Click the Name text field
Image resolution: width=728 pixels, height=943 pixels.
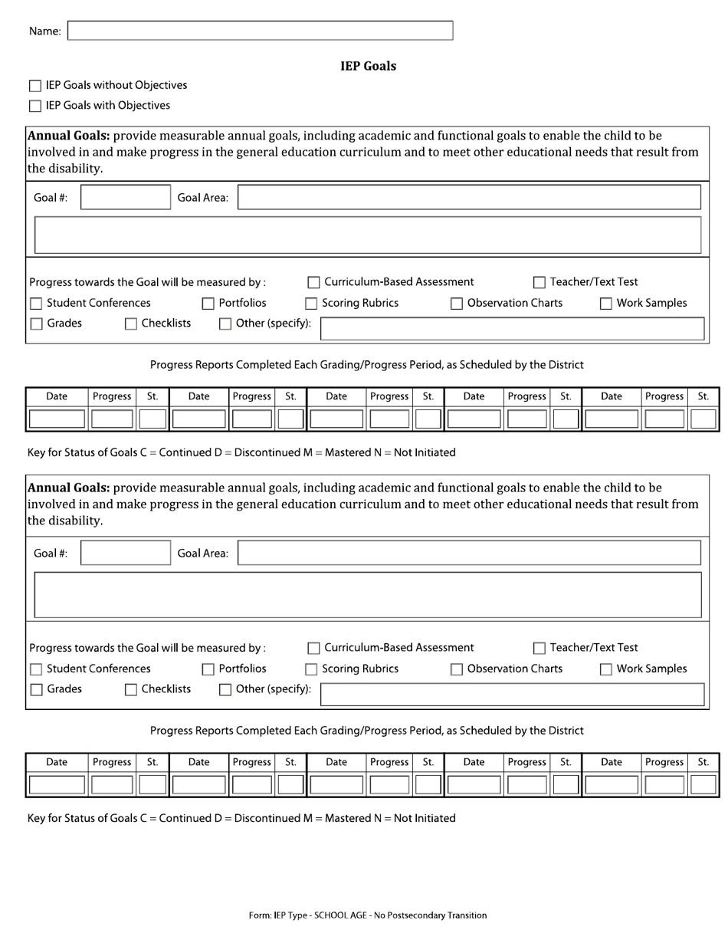click(x=261, y=31)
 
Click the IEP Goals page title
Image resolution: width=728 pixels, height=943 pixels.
click(x=368, y=66)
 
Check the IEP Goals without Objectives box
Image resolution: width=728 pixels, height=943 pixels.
click(x=35, y=86)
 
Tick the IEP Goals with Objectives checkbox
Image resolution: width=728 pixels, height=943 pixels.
click(x=35, y=106)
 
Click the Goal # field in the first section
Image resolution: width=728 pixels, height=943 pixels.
click(x=126, y=198)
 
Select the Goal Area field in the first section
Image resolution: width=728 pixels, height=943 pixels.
click(x=469, y=198)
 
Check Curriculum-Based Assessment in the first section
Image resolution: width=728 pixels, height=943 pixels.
click(x=313, y=283)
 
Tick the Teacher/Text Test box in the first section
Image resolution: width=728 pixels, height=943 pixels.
click(x=539, y=283)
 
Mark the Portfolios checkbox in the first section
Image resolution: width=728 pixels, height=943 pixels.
click(x=208, y=304)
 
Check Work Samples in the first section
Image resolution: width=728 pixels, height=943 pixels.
click(x=605, y=304)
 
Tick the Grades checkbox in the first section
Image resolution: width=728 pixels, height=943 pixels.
click(x=36, y=324)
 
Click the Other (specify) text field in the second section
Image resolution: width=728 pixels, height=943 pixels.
click(x=512, y=694)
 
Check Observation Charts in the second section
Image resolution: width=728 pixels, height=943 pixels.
click(x=457, y=669)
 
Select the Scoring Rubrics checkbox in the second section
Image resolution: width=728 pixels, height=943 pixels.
click(x=311, y=669)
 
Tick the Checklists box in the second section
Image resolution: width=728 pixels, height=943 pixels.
click(x=131, y=690)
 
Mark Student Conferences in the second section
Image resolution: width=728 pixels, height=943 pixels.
click(x=36, y=669)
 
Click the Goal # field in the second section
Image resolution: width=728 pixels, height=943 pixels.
click(x=126, y=553)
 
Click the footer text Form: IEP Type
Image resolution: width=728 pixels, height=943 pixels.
click(x=368, y=915)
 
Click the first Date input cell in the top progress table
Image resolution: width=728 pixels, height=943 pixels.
click(x=57, y=419)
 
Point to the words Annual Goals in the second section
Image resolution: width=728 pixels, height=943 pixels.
click(x=68, y=488)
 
